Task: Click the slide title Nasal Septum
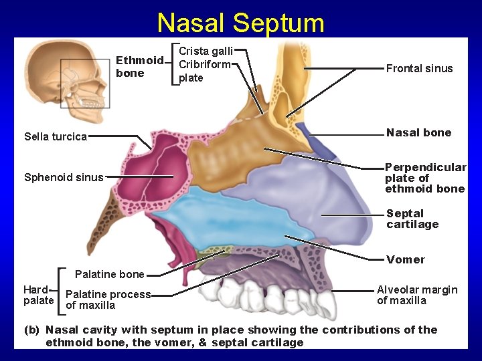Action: click(240, 23)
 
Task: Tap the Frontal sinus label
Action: click(419, 68)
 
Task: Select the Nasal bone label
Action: click(418, 132)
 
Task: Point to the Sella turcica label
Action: click(56, 137)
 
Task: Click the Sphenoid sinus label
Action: click(64, 177)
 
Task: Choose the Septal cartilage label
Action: click(412, 219)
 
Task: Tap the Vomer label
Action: click(405, 259)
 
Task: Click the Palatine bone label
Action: click(109, 274)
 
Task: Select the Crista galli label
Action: click(205, 51)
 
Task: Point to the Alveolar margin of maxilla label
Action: click(417, 295)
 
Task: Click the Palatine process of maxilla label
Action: click(108, 299)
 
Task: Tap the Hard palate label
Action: click(38, 295)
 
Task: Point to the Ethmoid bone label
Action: click(139, 67)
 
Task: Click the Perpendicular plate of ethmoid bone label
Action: click(424, 178)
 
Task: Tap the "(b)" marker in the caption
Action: click(31, 330)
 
